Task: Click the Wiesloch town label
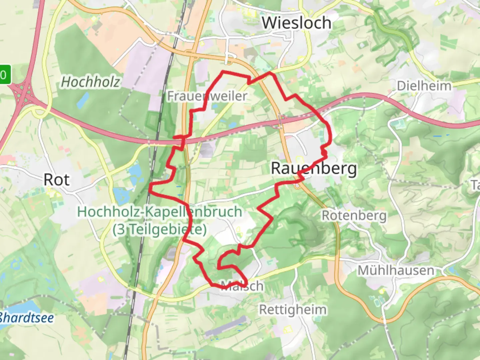(296, 23)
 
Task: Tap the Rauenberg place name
(314, 168)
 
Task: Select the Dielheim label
(424, 86)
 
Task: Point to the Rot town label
(57, 180)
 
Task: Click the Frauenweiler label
(207, 96)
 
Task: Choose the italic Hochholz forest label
(90, 82)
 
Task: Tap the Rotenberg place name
(354, 216)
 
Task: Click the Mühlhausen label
(396, 270)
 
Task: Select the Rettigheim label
(293, 310)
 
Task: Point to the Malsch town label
(242, 286)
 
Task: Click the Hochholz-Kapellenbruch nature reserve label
(160, 212)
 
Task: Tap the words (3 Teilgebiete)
(160, 229)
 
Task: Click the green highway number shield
(5, 74)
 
